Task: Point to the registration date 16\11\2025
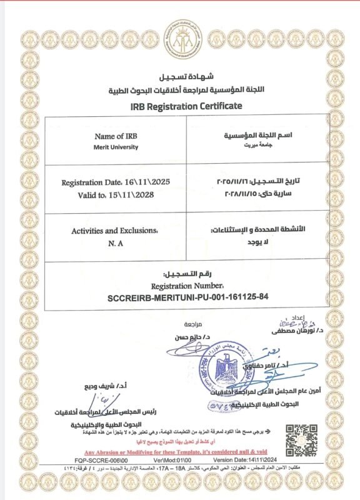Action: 116,182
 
